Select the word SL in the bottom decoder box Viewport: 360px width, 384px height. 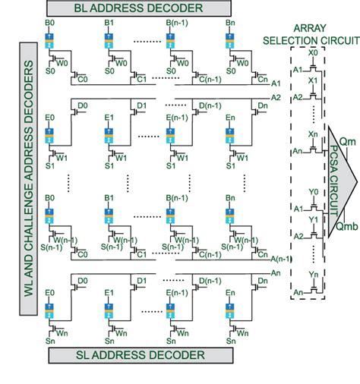point(90,354)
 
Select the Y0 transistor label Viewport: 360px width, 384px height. point(313,190)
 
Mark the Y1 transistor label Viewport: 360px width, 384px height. point(313,219)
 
